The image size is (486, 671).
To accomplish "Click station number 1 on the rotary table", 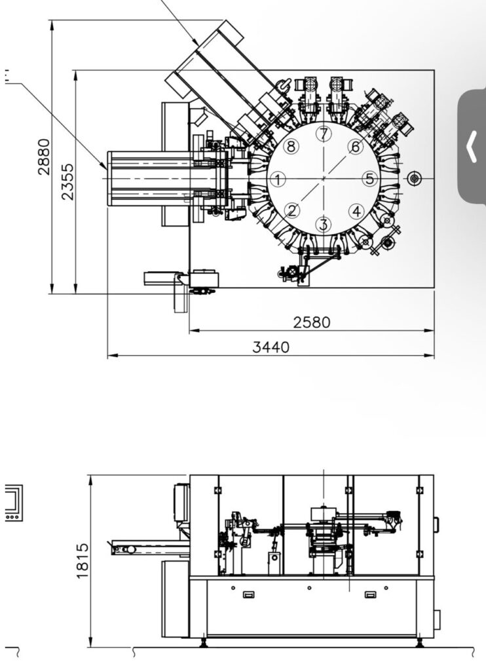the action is pos(278,179).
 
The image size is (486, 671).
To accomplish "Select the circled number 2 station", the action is pos(292,210).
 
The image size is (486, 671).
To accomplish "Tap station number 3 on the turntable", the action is pos(324,224).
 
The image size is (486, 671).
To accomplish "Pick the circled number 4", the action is pos(356,211).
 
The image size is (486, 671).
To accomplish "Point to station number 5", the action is pos(370,178).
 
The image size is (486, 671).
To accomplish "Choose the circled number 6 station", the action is pos(356,147).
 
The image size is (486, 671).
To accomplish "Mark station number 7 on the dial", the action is pos(324,134).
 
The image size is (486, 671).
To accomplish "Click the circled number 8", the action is pos(291,147).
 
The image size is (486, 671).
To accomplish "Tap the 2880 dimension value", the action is pos(44,157).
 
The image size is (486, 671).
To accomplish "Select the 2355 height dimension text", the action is pos(67,182).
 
